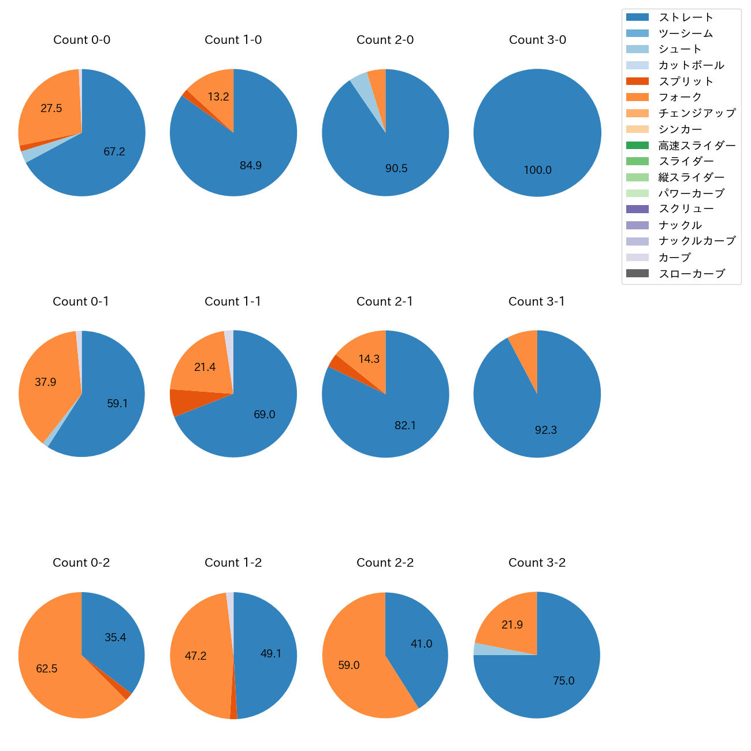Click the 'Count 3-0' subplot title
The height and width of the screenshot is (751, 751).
coord(537,40)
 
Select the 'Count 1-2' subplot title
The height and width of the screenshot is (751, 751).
coord(233,563)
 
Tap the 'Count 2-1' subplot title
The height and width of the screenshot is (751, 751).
coord(385,302)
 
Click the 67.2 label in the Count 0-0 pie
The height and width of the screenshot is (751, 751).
coord(114,152)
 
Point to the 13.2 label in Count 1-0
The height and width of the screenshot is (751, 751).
coord(218,97)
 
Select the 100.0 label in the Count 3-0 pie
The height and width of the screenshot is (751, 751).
coord(537,170)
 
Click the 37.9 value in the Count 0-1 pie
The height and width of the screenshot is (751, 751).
coord(46,382)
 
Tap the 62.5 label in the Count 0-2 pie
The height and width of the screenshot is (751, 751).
coord(47,669)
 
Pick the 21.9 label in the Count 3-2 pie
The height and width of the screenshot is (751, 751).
coord(512,625)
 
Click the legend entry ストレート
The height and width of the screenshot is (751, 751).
coord(686,17)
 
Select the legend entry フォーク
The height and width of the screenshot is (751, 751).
coord(680,97)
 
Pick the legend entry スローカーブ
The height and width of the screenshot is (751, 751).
coord(691,274)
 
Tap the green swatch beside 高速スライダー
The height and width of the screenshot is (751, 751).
coord(637,146)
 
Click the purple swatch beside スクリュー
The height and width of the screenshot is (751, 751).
coord(637,209)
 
